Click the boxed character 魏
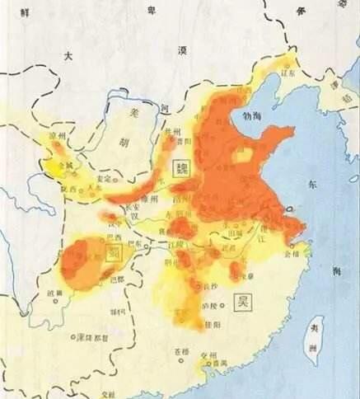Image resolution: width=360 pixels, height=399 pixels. click(180, 167)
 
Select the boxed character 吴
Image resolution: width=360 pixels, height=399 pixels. click(243, 300)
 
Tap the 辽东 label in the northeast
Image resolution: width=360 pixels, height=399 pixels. click(289, 73)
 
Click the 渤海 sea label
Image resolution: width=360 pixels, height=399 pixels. click(248, 117)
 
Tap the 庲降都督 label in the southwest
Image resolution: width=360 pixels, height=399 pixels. click(91, 337)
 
